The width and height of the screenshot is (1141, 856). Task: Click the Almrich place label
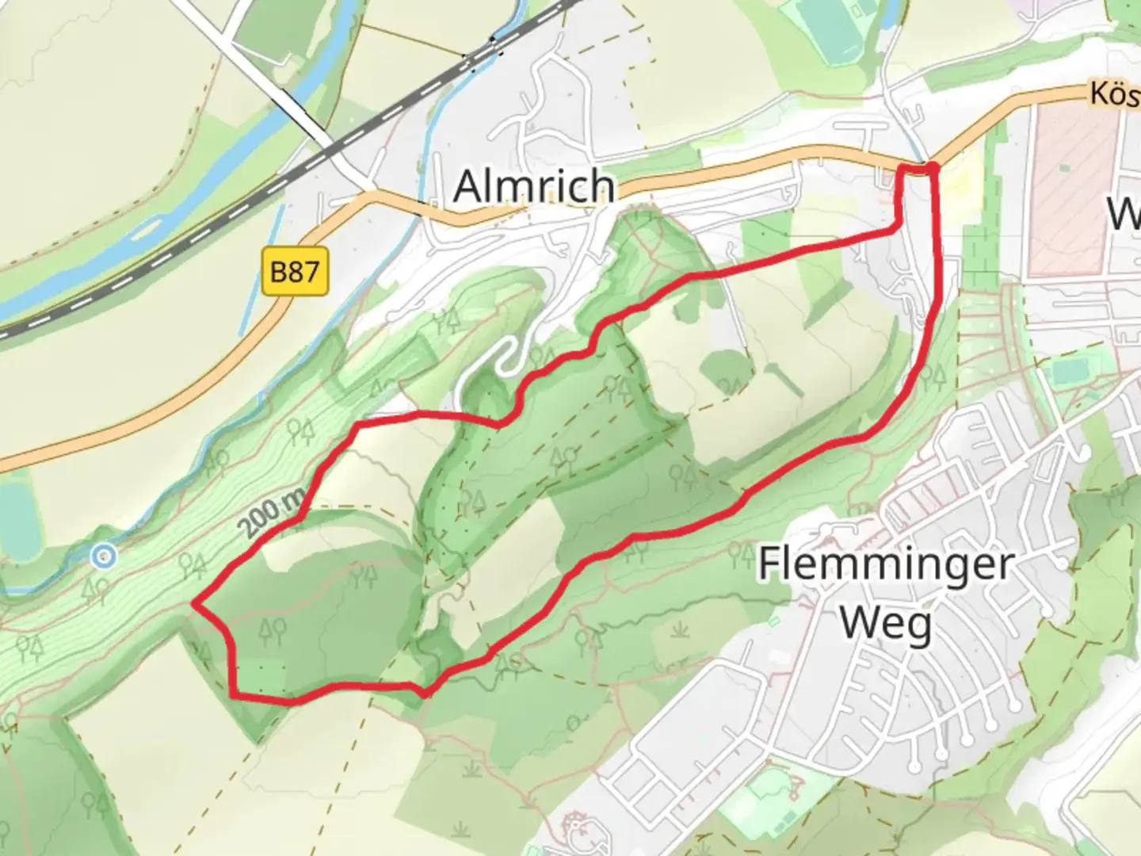tap(534, 187)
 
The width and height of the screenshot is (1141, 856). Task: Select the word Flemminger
tap(886, 564)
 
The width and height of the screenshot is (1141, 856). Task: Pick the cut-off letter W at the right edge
tap(1125, 212)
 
